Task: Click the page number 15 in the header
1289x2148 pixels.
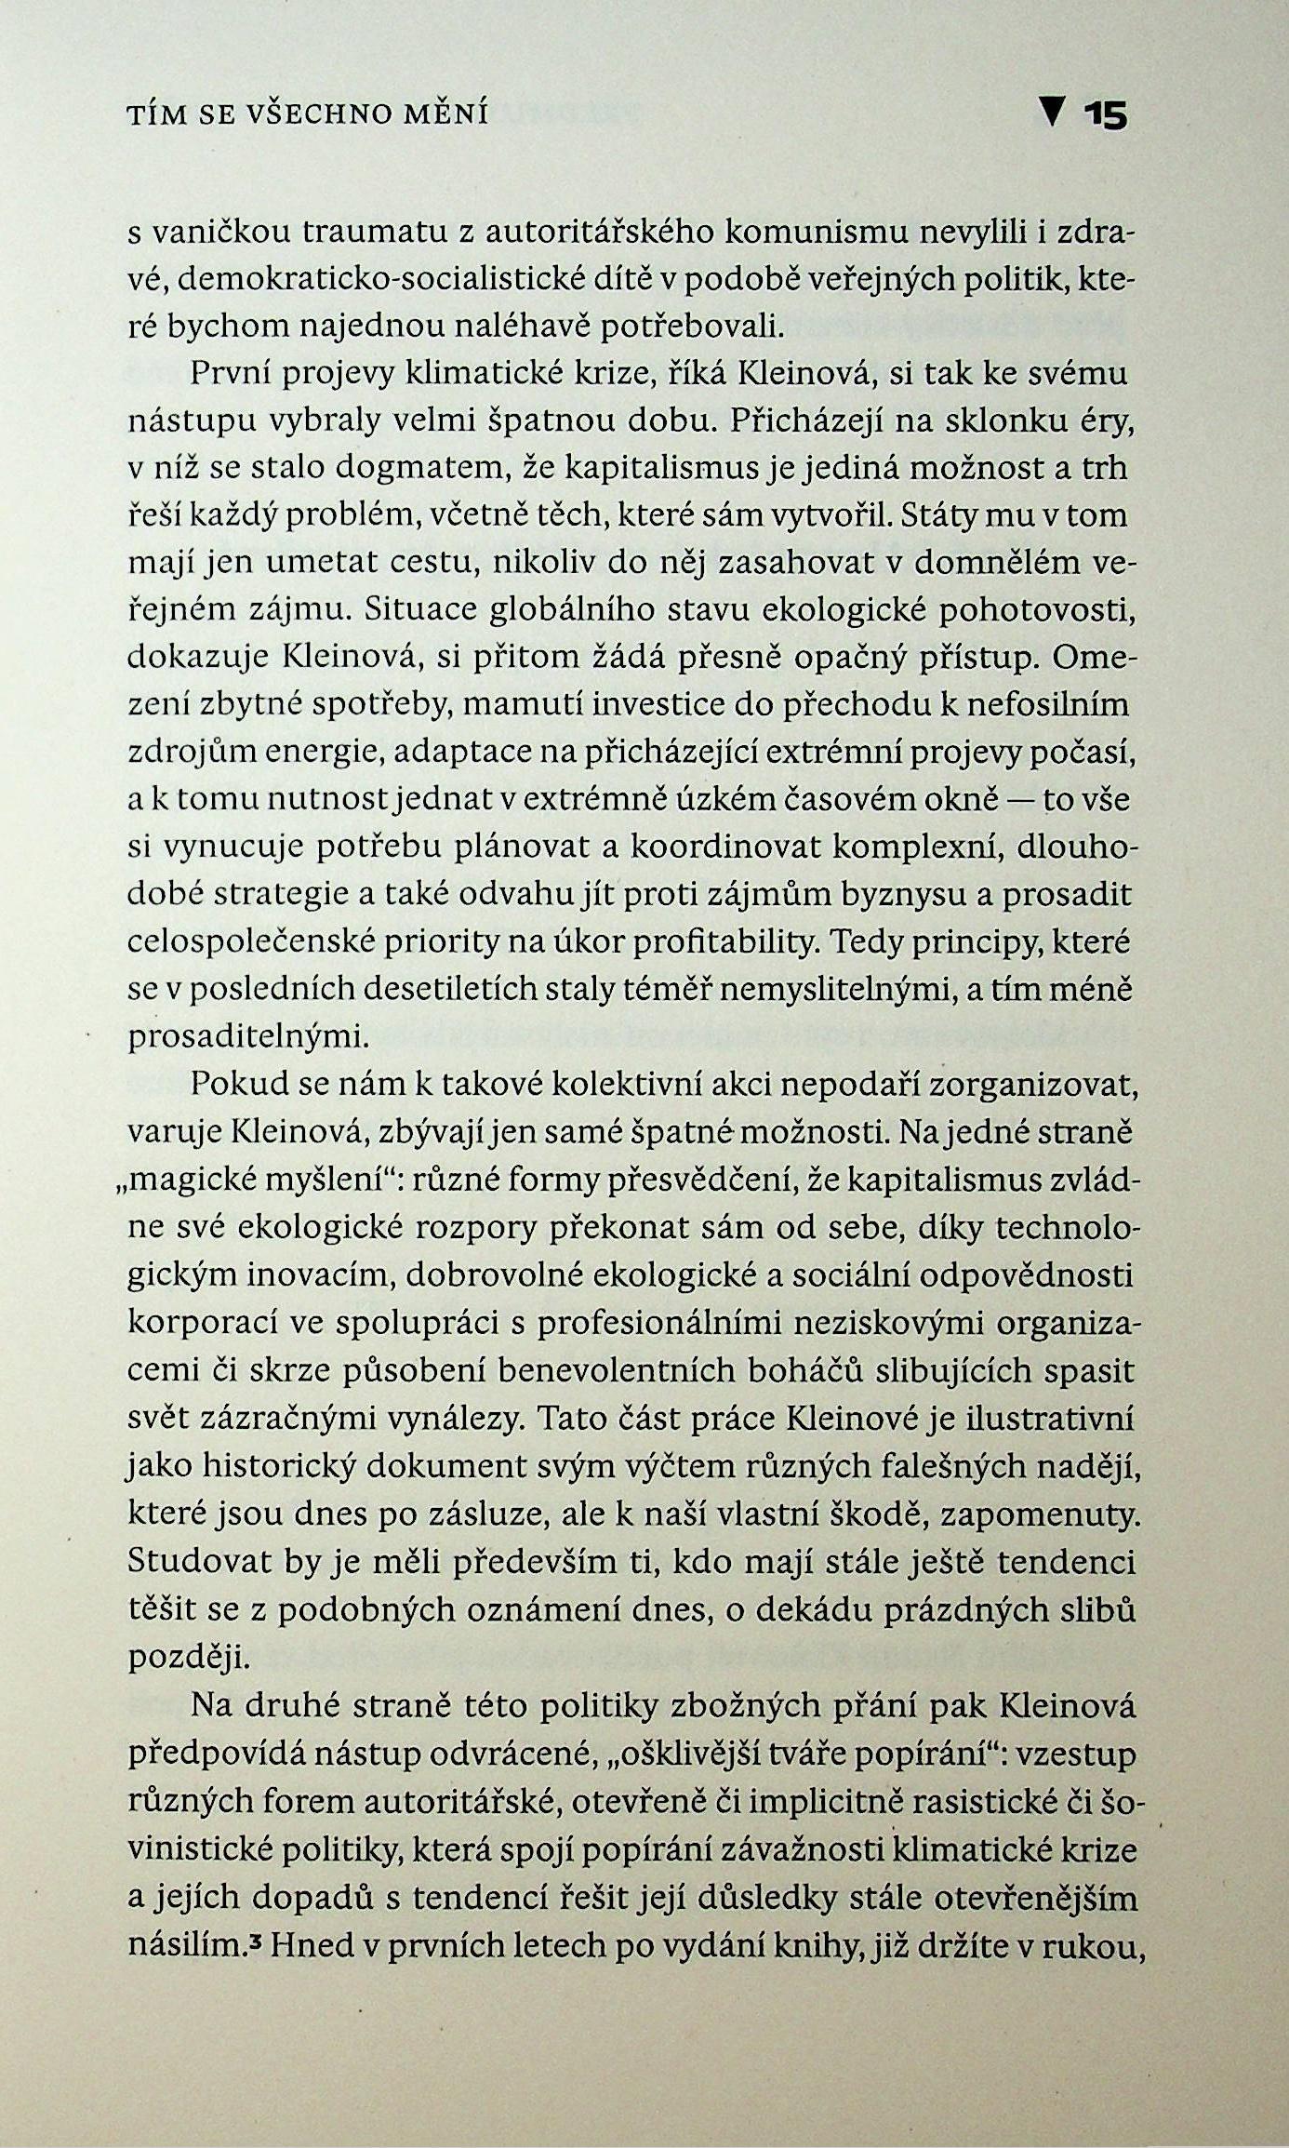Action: click(x=1105, y=115)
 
